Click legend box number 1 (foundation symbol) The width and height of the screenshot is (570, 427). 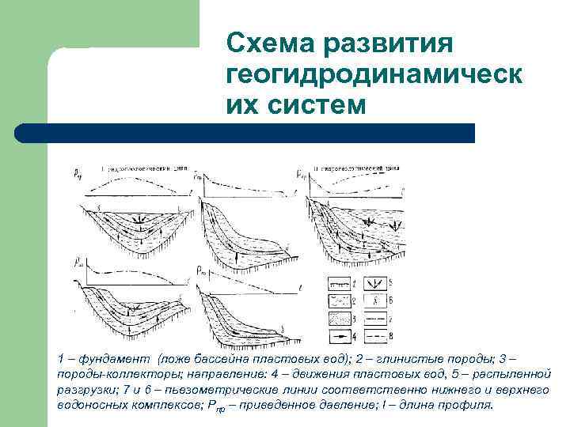pos(340,284)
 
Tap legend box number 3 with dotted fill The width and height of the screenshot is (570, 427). pos(340,319)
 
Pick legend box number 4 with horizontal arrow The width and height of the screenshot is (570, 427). pos(340,336)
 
